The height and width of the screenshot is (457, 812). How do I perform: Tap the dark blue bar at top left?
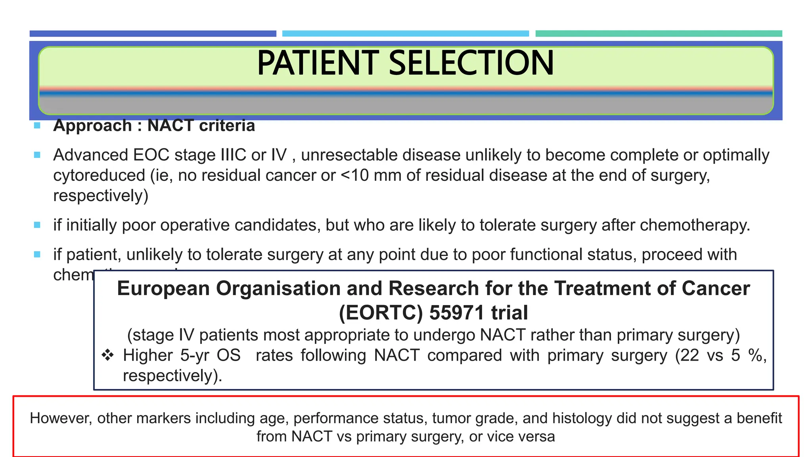pyautogui.click(x=153, y=34)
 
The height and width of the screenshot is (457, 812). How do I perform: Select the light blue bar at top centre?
pyautogui.click(x=405, y=34)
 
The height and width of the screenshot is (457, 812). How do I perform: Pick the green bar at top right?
pyautogui.click(x=659, y=34)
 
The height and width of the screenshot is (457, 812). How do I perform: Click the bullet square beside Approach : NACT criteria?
pyautogui.click(x=37, y=126)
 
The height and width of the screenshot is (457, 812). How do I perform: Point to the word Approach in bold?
pyautogui.click(x=92, y=126)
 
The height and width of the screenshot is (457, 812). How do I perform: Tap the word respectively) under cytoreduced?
pyautogui.click(x=101, y=196)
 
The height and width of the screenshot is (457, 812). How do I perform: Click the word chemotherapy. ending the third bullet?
pyautogui.click(x=695, y=225)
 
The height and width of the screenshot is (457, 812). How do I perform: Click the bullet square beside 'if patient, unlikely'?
pyautogui.click(x=37, y=255)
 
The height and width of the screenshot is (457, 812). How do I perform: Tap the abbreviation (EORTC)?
pyautogui.click(x=381, y=313)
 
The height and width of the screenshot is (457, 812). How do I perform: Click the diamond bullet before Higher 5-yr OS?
pyautogui.click(x=107, y=355)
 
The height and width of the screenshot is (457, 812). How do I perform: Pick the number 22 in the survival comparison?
pyautogui.click(x=689, y=355)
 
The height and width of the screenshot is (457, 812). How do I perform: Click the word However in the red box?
pyautogui.click(x=60, y=419)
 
